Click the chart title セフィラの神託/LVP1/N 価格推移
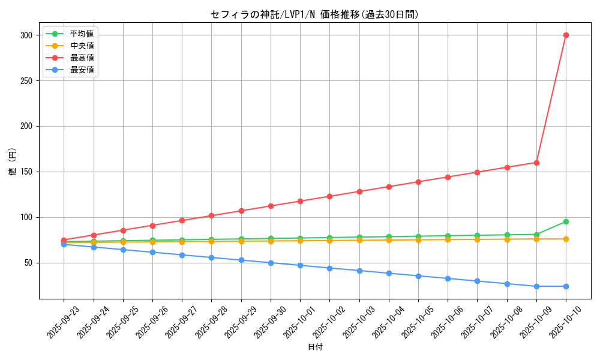pos(314,14)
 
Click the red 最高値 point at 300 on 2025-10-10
pos(566,35)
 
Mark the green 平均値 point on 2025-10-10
pos(566,222)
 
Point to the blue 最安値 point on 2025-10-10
pos(566,286)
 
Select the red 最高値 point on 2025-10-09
pos(536,163)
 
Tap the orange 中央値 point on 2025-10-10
pos(566,239)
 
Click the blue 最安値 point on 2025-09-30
pos(271,263)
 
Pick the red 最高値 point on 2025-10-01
pos(300,201)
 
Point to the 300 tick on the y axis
pos(26,35)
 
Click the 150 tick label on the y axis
pos(26,172)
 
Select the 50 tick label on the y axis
pos(28,263)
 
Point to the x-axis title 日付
pos(315,347)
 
